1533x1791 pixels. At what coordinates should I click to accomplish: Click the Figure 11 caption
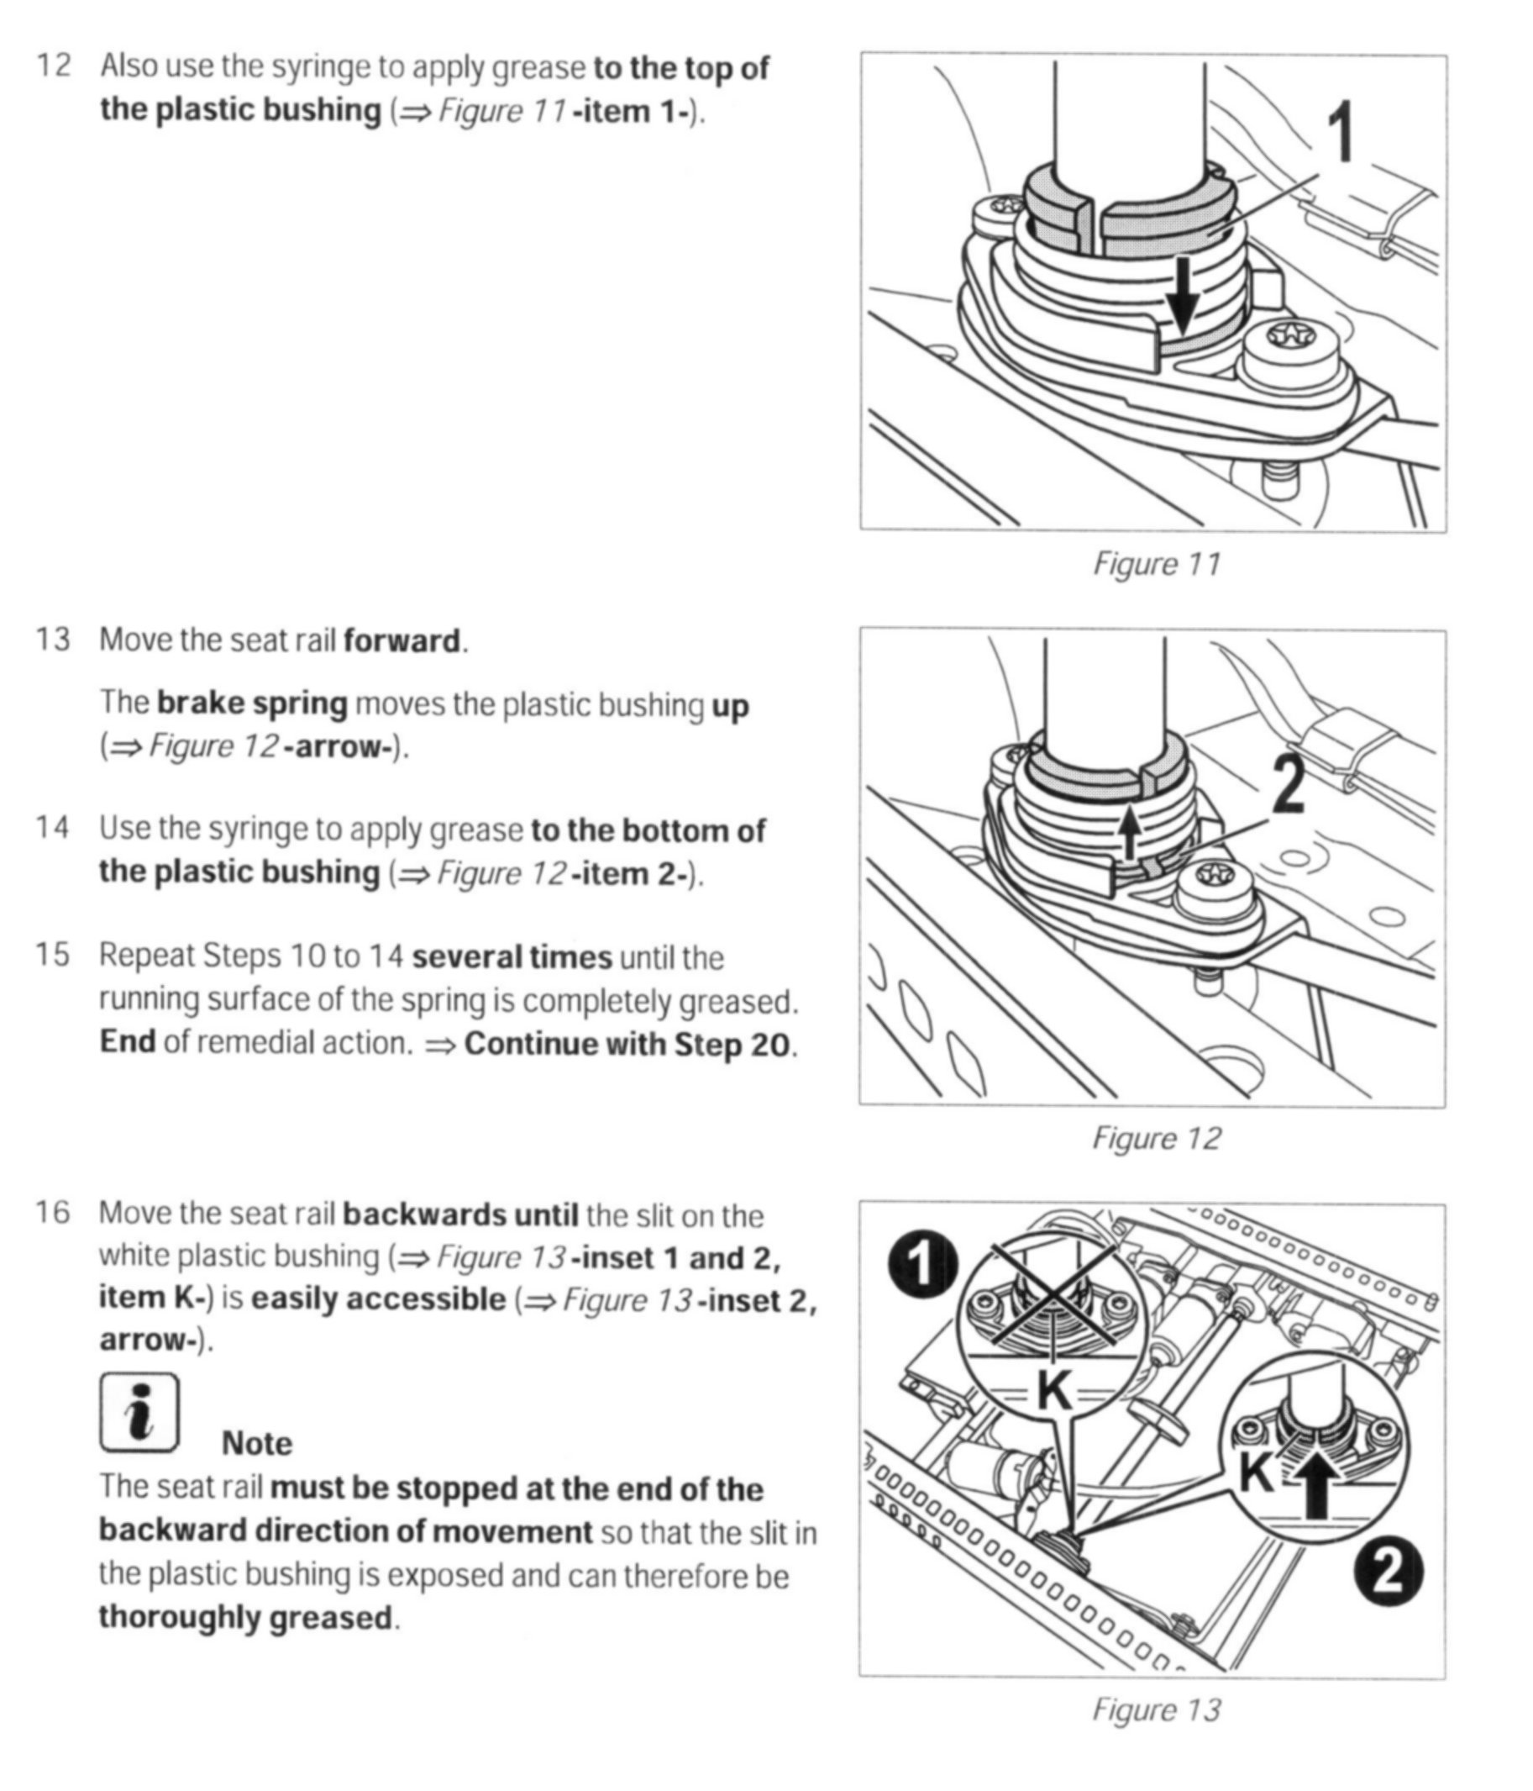coord(1156,564)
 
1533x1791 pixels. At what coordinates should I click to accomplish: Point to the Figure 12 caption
coord(1156,1137)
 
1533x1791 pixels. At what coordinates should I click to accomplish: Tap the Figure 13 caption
coord(1156,1709)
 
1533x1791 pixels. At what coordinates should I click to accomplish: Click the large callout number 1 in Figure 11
coord(1341,131)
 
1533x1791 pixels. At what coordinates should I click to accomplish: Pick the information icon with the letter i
coord(140,1414)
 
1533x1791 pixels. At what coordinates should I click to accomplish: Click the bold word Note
coord(257,1444)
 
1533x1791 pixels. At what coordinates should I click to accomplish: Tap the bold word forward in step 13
coord(401,641)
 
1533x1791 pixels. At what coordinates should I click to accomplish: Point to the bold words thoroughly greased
coord(245,1616)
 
